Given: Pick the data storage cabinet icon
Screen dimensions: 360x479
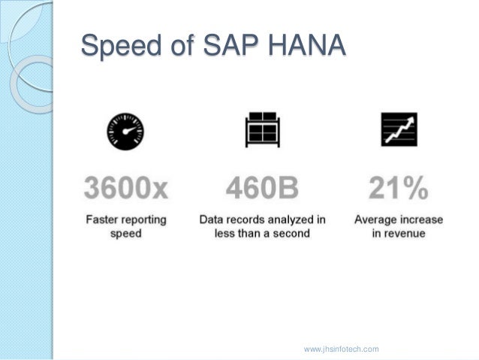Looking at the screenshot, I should coord(261,132).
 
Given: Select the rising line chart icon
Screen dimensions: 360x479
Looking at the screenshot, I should coord(398,131).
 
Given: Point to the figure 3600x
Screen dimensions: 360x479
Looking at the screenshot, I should coord(126,187).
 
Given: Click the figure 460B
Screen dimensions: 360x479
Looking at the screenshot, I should coord(262,187).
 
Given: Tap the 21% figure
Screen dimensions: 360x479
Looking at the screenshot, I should coord(398,187).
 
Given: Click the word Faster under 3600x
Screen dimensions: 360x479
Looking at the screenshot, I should coord(102,220).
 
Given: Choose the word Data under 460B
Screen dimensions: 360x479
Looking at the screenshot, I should coord(212,220).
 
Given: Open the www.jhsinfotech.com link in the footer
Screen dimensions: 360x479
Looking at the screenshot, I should coord(341,349).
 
